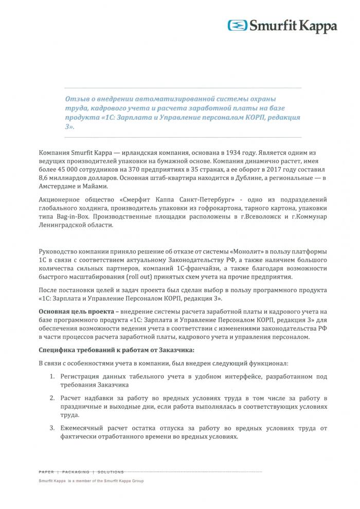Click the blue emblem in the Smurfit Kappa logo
point(238,25)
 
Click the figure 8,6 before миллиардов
point(44,177)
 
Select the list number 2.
point(52,398)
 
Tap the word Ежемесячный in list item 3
point(85,428)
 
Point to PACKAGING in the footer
point(77,471)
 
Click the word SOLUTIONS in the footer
point(111,471)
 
